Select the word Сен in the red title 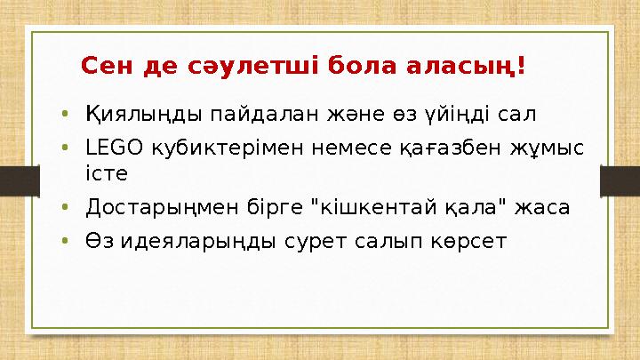click(105, 67)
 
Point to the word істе click(107, 172)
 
